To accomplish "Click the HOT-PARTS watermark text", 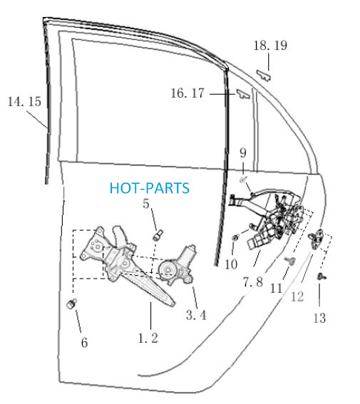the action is click(150, 188).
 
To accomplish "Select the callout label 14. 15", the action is click(24, 101).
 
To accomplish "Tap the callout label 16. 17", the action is click(187, 93).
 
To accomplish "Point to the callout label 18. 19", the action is click(270, 46).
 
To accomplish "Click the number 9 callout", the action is click(243, 152).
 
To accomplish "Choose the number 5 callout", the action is click(146, 204).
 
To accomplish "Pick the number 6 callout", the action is click(85, 343).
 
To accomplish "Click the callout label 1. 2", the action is click(148, 338).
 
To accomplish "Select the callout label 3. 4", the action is click(196, 315).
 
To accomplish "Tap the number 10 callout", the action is click(231, 264).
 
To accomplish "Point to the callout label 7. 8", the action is click(253, 281).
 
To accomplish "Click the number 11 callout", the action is click(276, 288).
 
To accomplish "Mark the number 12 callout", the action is click(297, 296).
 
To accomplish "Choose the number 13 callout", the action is click(319, 318).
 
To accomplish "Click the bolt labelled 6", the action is click(71, 304).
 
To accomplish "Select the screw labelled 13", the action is click(322, 276).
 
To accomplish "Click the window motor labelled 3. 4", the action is click(177, 265).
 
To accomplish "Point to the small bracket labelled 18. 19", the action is click(264, 76).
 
